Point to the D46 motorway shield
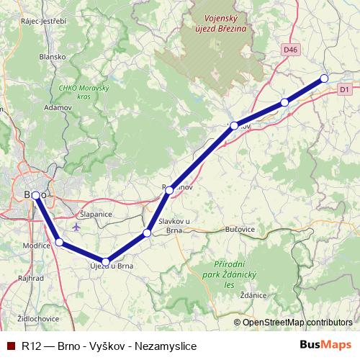289,50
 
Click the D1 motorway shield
344,89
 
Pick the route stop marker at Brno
35,195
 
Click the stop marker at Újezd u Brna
106,262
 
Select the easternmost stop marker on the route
324,78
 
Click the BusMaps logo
325,345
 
